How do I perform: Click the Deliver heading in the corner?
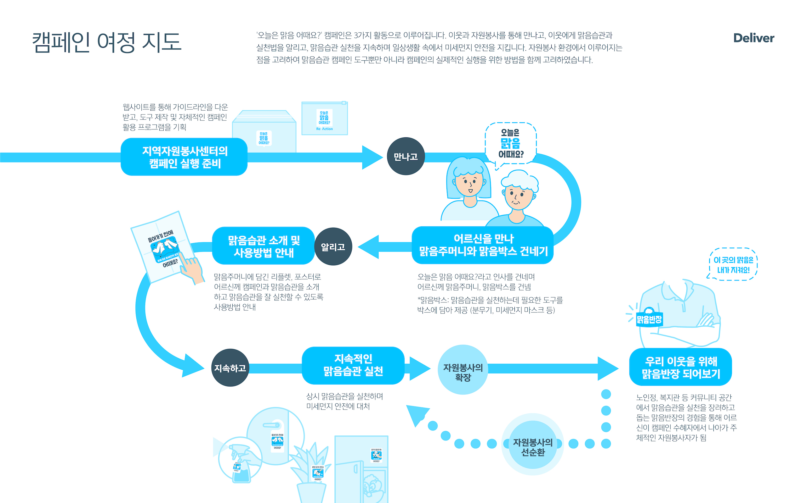coord(753,38)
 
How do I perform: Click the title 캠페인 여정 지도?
coord(107,42)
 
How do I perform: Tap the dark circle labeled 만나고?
coord(405,156)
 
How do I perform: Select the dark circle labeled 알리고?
coord(333,246)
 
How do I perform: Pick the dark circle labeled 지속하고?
coord(230,368)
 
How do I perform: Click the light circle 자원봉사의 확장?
coord(463,370)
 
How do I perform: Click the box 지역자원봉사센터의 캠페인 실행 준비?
coord(184,157)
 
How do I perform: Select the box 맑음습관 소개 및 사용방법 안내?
coord(263,246)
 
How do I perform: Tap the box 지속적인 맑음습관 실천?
coord(353,365)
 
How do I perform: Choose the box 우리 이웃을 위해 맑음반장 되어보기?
coord(680,367)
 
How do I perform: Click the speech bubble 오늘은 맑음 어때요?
coord(511,143)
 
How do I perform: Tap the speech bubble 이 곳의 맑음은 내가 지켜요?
coord(733,264)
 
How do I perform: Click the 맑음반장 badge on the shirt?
coord(649,319)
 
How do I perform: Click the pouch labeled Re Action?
coord(324,119)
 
